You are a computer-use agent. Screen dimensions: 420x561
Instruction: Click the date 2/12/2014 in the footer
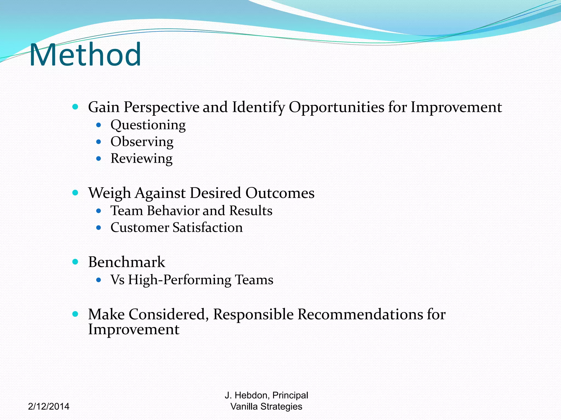pyautogui.click(x=49, y=406)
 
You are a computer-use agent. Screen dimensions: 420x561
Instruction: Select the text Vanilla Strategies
pyautogui.click(x=266, y=406)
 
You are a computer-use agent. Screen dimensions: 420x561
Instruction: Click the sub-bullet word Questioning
pyautogui.click(x=148, y=125)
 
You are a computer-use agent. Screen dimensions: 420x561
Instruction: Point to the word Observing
pyautogui.click(x=142, y=142)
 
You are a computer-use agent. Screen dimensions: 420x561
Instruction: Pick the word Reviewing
pyautogui.click(x=141, y=159)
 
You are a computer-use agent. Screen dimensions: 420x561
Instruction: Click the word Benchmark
pyautogui.click(x=127, y=262)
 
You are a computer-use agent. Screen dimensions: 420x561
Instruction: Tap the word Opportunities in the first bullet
pyautogui.click(x=336, y=107)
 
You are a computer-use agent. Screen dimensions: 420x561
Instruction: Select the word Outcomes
pyautogui.click(x=280, y=193)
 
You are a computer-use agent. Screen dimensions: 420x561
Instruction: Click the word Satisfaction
pyautogui.click(x=208, y=227)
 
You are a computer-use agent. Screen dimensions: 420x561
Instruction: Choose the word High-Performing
pyautogui.click(x=180, y=280)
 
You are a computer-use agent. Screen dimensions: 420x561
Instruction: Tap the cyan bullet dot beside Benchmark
pyautogui.click(x=75, y=262)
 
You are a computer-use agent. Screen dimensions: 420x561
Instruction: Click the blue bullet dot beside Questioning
pyautogui.click(x=99, y=125)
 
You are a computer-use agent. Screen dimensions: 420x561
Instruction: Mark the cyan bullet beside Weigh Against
pyautogui.click(x=75, y=193)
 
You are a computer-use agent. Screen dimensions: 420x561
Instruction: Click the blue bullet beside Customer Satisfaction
pyautogui.click(x=99, y=227)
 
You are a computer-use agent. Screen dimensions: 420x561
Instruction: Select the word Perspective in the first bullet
pyautogui.click(x=161, y=107)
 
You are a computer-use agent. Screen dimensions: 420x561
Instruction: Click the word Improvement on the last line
pyautogui.click(x=134, y=329)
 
